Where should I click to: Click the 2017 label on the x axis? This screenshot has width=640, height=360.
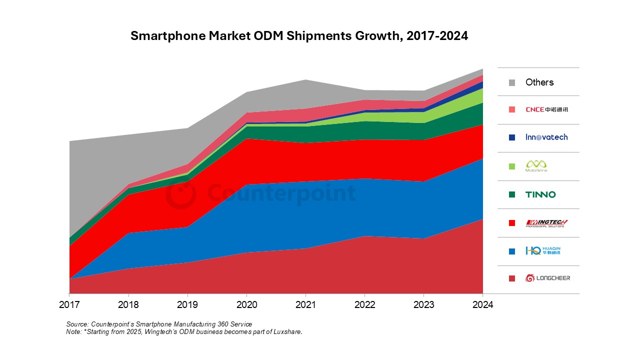coord(69,305)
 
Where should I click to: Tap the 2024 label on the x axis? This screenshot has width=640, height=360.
coord(482,305)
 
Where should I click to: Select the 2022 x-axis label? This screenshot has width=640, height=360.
coord(364,305)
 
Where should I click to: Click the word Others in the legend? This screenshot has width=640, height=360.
coord(539,82)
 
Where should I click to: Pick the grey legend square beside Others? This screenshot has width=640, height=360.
coord(511,82)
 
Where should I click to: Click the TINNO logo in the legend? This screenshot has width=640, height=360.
coord(540,194)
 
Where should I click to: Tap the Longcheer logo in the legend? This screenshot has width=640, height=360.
coord(547,278)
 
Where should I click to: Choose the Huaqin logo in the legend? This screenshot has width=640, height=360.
coord(543,250)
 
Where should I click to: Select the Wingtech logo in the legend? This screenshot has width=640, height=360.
coord(546,223)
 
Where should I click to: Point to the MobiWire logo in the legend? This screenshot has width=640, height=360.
coord(536,166)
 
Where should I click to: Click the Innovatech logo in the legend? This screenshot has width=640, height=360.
coord(546,137)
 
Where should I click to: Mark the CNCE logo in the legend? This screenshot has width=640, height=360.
coord(546,109)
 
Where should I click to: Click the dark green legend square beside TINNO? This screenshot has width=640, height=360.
coord(511,194)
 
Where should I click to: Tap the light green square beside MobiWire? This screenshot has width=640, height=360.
coord(511,166)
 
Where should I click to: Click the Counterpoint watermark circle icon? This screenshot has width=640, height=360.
coord(180,194)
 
